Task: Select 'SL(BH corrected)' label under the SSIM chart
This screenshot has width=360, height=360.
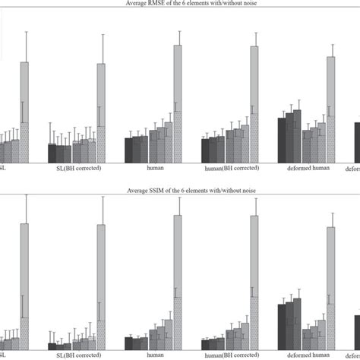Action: [75, 355]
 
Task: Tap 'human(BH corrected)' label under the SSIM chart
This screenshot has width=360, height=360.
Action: [230, 355]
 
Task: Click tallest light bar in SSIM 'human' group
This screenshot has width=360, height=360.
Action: [178, 281]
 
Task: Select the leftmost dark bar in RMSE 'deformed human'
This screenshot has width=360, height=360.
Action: [282, 139]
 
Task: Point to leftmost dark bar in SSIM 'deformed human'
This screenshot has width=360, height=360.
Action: [282, 327]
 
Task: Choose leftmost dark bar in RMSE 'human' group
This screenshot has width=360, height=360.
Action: [129, 149]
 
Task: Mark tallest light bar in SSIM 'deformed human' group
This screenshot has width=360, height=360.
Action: [330, 289]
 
